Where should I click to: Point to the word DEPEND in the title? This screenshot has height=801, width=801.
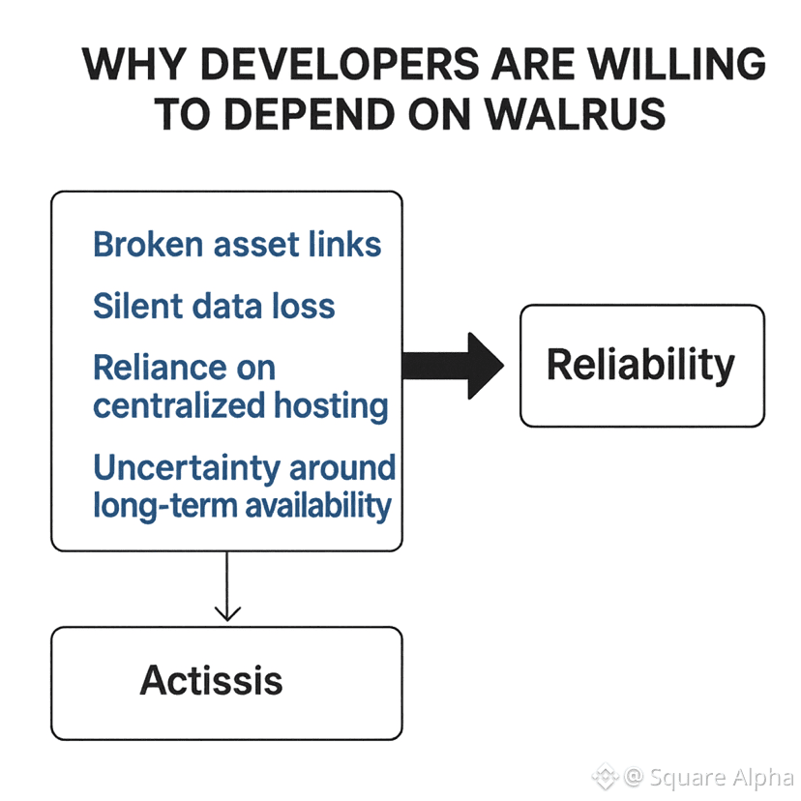click(x=315, y=114)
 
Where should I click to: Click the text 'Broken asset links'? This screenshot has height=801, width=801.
click(x=237, y=244)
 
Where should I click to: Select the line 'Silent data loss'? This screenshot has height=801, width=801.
click(x=214, y=307)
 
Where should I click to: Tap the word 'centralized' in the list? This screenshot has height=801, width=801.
click(x=179, y=405)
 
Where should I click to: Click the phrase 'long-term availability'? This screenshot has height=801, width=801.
click(x=242, y=505)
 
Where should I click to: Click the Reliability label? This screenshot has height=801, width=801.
click(x=640, y=365)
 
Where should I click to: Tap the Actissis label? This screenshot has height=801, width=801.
click(x=212, y=681)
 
